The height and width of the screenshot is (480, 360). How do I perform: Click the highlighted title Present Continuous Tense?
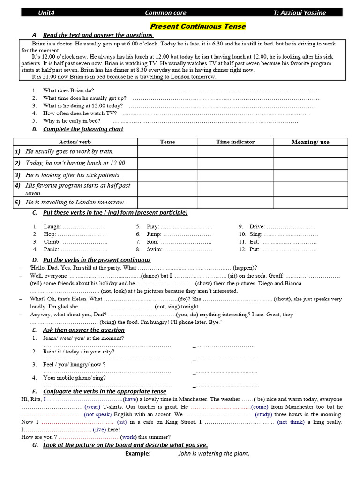[197, 27]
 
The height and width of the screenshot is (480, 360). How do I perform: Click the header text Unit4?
[46, 13]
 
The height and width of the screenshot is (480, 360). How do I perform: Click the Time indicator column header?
[235, 142]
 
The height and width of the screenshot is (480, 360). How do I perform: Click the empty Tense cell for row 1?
[167, 152]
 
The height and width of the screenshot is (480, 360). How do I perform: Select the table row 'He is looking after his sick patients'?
[73, 175]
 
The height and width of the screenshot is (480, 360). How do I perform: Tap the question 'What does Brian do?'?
[68, 90]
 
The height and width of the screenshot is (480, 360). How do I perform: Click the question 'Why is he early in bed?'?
[72, 121]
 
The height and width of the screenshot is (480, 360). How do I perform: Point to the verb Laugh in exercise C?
[52, 226]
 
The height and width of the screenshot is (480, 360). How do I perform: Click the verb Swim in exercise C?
[154, 250]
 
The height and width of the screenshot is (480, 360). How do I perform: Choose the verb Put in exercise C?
[254, 250]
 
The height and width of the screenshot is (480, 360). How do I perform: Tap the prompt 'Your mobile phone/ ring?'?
[74, 377]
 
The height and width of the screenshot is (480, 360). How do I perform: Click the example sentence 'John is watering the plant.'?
[214, 453]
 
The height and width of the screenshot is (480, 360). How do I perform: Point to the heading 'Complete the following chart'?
[83, 129]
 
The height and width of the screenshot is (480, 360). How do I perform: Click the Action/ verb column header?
[75, 142]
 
